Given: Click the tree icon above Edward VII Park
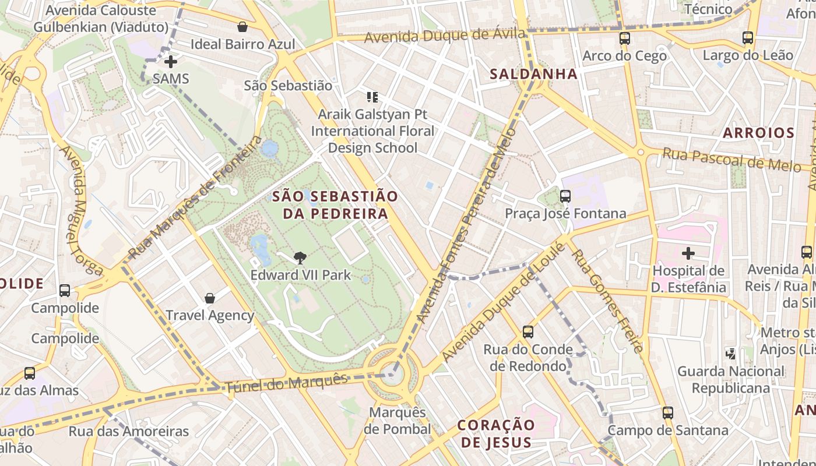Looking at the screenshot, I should (300, 257).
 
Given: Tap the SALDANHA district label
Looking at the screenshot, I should (533, 74).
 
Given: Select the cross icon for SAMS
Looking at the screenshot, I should (170, 62).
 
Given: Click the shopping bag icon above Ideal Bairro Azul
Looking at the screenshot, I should (242, 27).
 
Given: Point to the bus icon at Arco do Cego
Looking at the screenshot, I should (625, 39).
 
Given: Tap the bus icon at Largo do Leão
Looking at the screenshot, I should (748, 38).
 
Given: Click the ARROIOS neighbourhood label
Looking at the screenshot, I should (758, 133).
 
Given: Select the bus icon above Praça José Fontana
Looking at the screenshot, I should (565, 196).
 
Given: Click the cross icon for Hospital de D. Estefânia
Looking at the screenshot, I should (688, 253).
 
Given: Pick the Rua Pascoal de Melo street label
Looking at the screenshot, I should (731, 160).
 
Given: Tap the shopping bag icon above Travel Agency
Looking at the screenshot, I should (210, 299).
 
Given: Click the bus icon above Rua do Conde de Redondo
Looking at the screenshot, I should (528, 332).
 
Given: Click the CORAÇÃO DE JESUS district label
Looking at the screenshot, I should (496, 433).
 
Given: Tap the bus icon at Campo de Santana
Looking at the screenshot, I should (668, 413).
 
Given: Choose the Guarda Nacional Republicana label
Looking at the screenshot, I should (738, 379).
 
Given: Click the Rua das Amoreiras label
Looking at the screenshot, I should (129, 432).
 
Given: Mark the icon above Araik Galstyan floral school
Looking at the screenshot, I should (372, 97).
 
